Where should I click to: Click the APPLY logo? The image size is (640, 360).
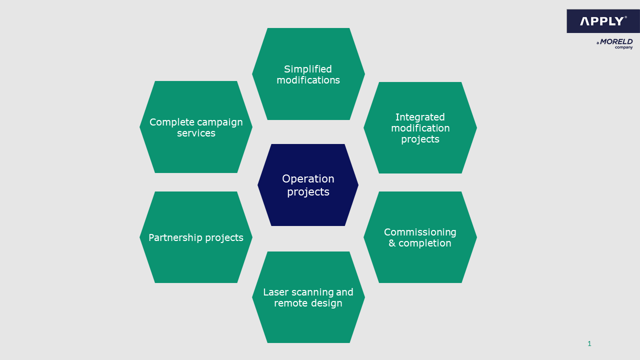[x=602, y=21]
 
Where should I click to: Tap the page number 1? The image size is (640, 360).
[x=589, y=343]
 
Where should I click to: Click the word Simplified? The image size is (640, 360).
[x=308, y=69]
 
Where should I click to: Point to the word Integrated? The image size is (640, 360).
[x=420, y=117]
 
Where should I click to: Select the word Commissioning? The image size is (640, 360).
[x=420, y=232]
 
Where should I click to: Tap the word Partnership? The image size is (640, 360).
[x=173, y=237]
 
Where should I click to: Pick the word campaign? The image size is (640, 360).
[x=219, y=122]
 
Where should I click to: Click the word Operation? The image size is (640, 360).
[x=308, y=178]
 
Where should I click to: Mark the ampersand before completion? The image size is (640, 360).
[x=392, y=243]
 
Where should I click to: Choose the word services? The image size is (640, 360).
[x=196, y=133]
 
